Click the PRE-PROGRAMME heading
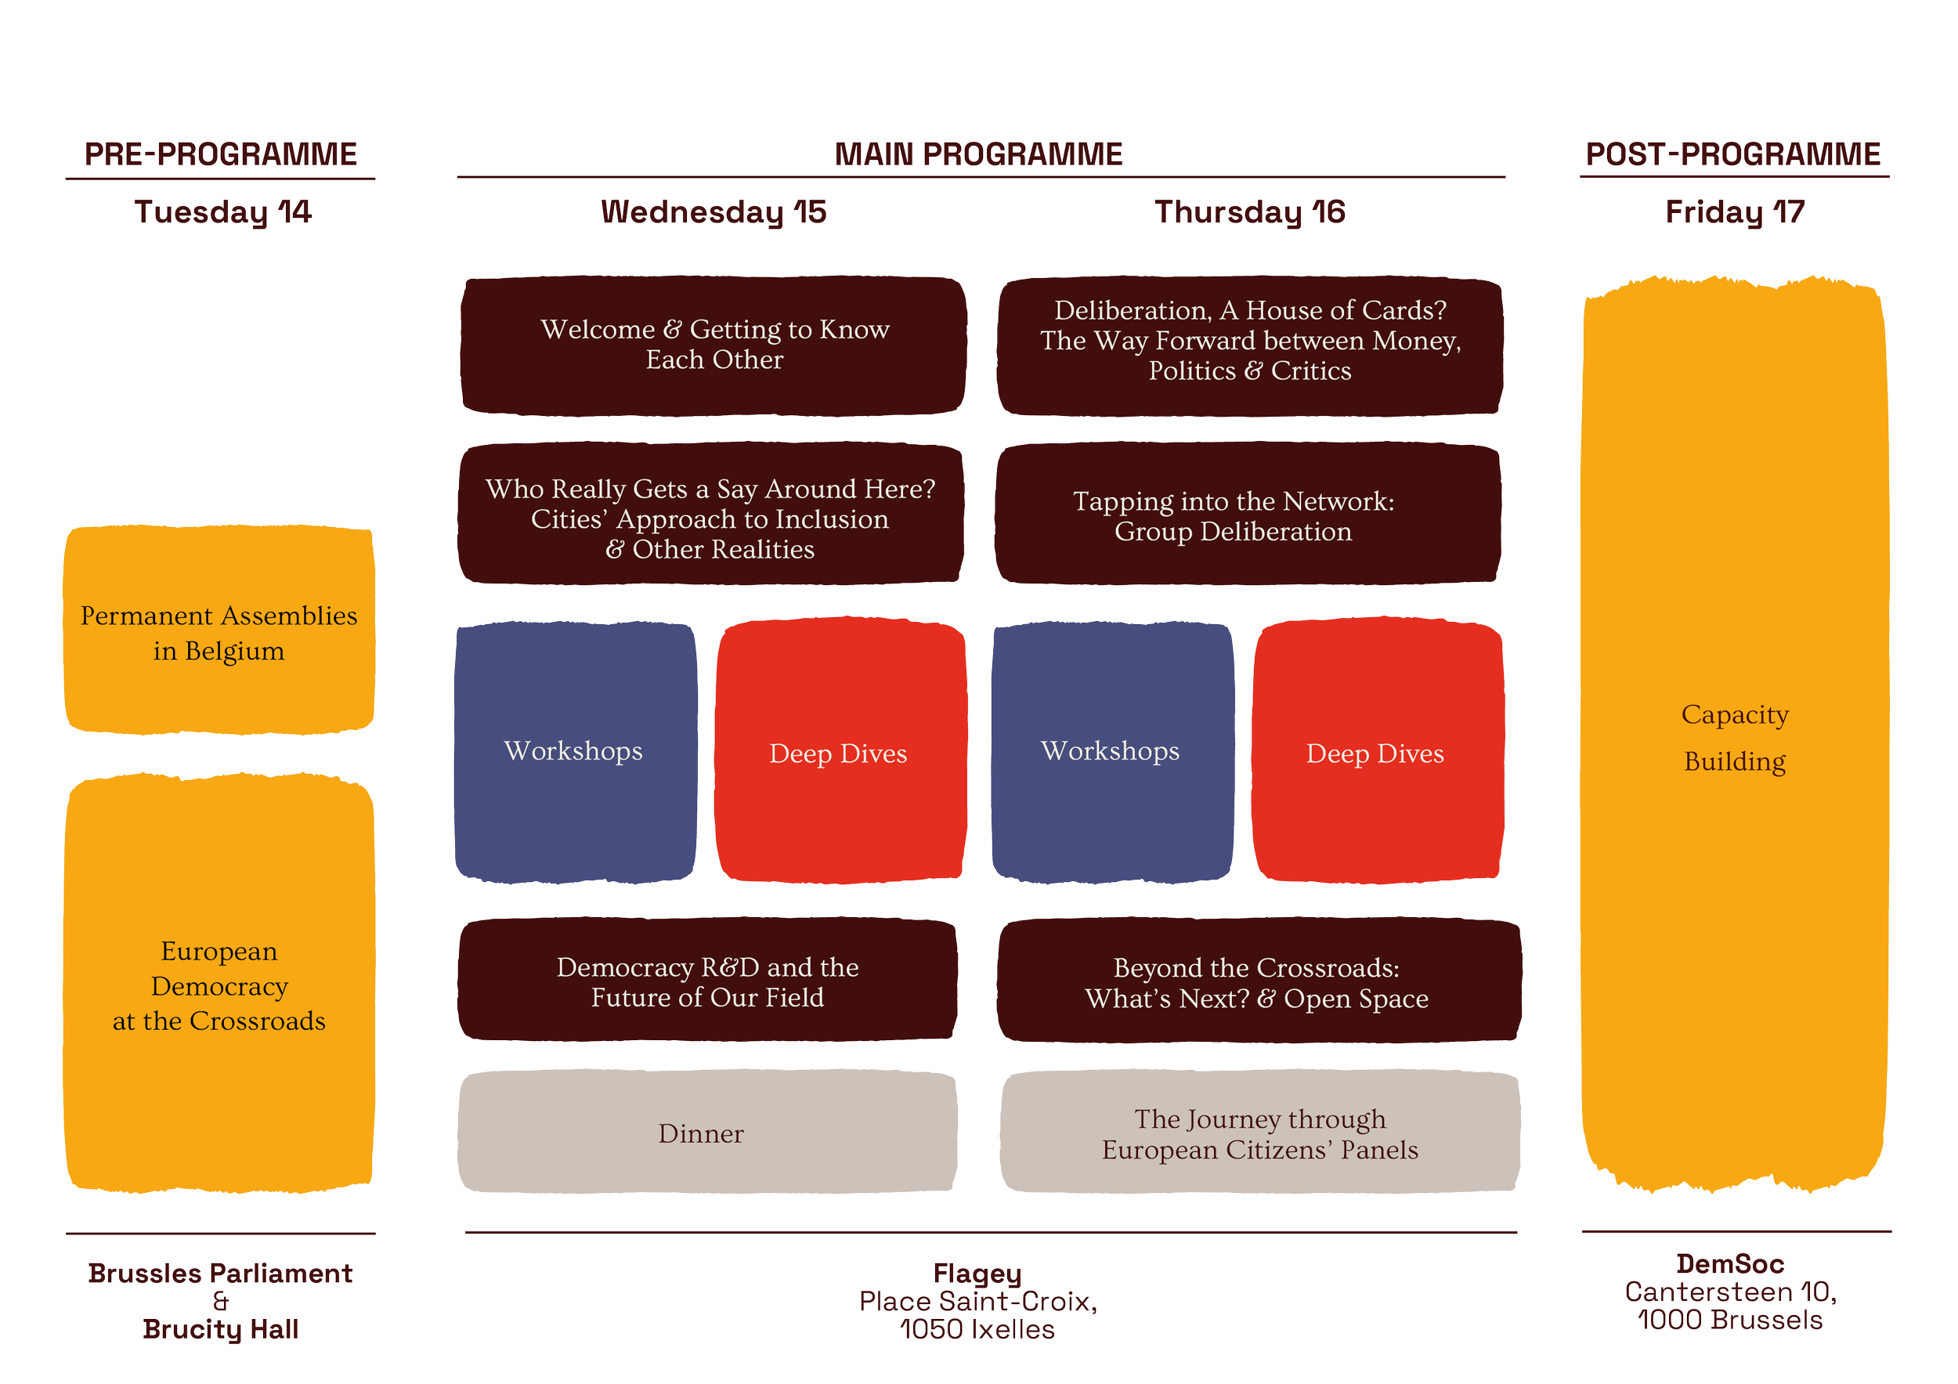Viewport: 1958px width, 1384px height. click(x=221, y=155)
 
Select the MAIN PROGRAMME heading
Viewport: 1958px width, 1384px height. click(x=978, y=155)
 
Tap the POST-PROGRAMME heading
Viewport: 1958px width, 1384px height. click(x=1733, y=155)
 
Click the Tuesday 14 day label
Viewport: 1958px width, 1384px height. click(x=222, y=212)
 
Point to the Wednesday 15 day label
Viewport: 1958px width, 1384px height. click(x=713, y=212)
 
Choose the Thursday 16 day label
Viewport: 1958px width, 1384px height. click(x=1248, y=212)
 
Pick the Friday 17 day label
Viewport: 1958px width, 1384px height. click(x=1735, y=212)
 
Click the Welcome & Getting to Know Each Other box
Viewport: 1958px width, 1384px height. click(x=713, y=345)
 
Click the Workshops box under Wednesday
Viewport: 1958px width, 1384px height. click(x=574, y=751)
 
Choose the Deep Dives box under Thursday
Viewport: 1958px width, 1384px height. click(x=1375, y=753)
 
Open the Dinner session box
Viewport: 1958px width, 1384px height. click(x=701, y=1133)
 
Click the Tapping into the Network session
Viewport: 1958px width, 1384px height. click(x=1233, y=516)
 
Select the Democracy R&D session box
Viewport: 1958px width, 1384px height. click(x=707, y=981)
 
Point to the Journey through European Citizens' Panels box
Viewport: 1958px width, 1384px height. click(x=1259, y=1134)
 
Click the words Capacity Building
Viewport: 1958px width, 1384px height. click(x=1735, y=738)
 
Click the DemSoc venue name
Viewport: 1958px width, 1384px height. click(x=1730, y=1263)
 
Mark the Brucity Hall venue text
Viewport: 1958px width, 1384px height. click(x=221, y=1329)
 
